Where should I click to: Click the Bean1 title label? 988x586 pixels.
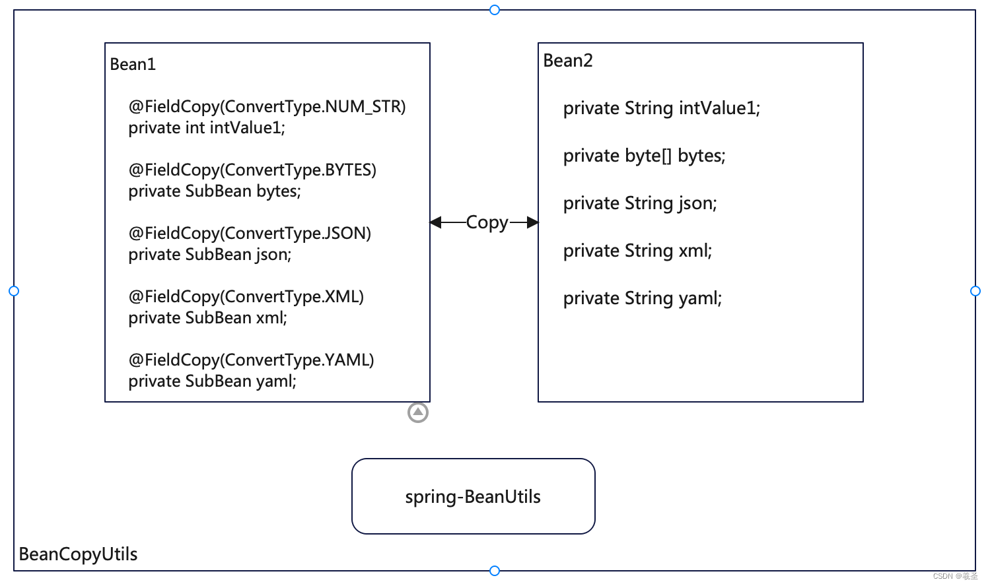[x=133, y=65]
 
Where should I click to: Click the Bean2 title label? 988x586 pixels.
[x=568, y=61]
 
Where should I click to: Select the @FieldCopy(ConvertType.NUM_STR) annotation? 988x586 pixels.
[x=267, y=107]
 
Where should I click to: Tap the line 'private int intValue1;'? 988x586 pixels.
[x=207, y=128]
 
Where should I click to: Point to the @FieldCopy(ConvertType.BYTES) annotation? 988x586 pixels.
[x=252, y=170]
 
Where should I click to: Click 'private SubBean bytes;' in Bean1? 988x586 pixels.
[x=215, y=191]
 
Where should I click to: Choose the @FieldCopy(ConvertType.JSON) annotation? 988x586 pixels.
[x=250, y=234]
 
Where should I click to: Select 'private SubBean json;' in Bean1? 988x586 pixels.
[x=210, y=255]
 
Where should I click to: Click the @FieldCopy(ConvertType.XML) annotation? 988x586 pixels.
[x=246, y=297]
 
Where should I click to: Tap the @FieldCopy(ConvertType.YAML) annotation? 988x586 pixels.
[x=251, y=360]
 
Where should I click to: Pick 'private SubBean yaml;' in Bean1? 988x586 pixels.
[x=212, y=381]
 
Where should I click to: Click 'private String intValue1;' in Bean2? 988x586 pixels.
[x=662, y=108]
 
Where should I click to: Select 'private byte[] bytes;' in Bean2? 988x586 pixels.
[x=644, y=156]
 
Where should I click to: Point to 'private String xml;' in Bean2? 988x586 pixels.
[x=637, y=251]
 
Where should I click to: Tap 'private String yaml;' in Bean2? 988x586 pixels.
[x=643, y=298]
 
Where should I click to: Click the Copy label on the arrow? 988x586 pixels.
[x=487, y=222]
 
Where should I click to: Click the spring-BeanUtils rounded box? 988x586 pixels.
[x=473, y=496]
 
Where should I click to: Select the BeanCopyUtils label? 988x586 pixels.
[x=79, y=554]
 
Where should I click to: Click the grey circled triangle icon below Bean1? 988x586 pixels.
[x=418, y=412]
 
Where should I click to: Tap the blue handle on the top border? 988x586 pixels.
[x=495, y=10]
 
